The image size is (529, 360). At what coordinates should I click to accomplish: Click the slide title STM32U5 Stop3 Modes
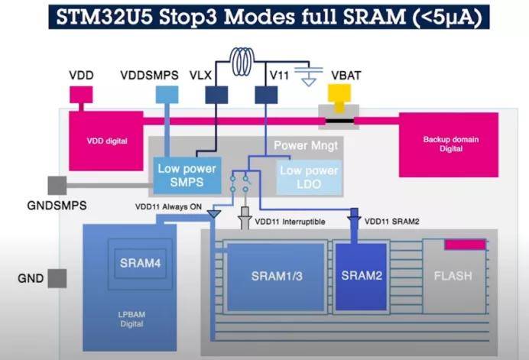pos(264,16)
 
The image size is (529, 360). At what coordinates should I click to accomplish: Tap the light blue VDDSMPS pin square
pos(164,94)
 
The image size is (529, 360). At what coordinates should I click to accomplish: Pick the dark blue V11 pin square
pos(266,94)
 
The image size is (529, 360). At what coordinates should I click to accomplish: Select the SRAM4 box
pos(139,264)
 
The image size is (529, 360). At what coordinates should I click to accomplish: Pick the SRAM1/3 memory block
pos(276,277)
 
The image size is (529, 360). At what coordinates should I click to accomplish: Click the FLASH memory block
pos(454,276)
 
